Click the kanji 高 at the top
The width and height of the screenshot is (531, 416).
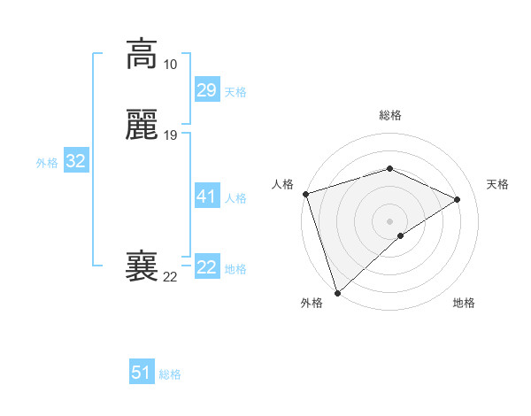pyautogui.click(x=142, y=54)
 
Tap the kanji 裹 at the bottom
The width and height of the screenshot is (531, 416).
pyautogui.click(x=142, y=266)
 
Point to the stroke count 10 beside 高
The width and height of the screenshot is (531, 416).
pyautogui.click(x=170, y=65)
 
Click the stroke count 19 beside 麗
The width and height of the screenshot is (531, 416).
pyautogui.click(x=170, y=135)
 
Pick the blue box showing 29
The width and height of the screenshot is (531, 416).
pyautogui.click(x=206, y=90)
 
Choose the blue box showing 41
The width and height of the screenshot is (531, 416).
pyautogui.click(x=206, y=196)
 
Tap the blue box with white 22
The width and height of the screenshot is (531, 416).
pyautogui.click(x=206, y=267)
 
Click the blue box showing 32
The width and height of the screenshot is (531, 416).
pyautogui.click(x=75, y=161)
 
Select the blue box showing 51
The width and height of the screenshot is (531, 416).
pyautogui.click(x=142, y=373)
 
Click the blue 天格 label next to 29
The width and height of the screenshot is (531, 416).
pyautogui.click(x=235, y=92)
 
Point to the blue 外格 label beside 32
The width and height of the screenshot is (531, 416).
pyautogui.click(x=47, y=163)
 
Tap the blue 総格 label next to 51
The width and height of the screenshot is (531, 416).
pyautogui.click(x=170, y=374)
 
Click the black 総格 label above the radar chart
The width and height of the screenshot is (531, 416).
pyautogui.click(x=390, y=115)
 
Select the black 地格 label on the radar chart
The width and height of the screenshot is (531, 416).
pyautogui.click(x=464, y=304)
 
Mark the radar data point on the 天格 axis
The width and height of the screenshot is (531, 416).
pyautogui.click(x=458, y=199)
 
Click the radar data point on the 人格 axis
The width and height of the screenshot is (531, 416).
pyautogui.click(x=305, y=194)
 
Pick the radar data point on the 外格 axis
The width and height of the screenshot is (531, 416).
pyautogui.click(x=337, y=292)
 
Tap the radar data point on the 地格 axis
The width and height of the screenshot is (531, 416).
pyautogui.click(x=401, y=235)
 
